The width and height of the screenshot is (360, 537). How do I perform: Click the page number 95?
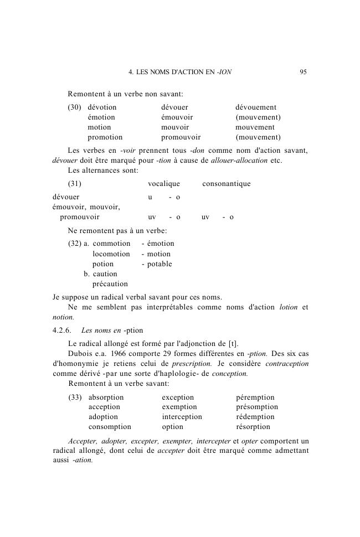303,72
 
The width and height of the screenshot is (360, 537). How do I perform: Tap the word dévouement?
256,107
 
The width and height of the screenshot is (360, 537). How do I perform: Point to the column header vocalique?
163,184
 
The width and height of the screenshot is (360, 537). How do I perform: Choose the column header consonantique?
226,184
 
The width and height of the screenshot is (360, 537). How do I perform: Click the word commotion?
111,244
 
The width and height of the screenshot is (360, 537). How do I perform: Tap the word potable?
160,264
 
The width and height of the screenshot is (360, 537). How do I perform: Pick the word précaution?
110,284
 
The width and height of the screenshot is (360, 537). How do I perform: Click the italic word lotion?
289,307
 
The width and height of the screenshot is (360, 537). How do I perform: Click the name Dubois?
80,354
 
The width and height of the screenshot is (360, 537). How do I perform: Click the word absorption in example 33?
106,397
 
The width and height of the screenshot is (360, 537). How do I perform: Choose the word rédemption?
255,417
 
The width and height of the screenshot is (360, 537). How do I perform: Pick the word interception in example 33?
182,417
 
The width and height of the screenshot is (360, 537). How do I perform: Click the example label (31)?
75,184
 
